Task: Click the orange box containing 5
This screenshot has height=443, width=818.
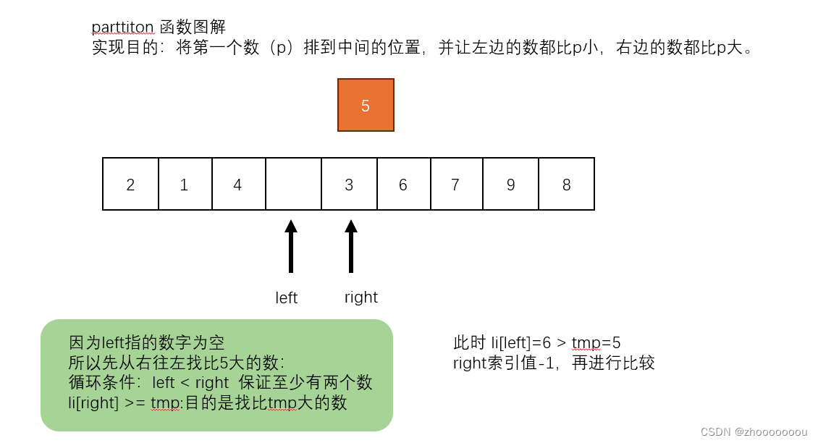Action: (x=366, y=105)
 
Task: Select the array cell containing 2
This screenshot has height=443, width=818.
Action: (x=130, y=185)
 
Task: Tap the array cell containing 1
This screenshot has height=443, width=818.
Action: (x=185, y=185)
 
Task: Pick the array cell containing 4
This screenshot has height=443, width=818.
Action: (x=238, y=185)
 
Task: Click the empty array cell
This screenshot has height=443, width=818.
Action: (x=293, y=185)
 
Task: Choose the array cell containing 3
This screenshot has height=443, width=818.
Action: (x=349, y=185)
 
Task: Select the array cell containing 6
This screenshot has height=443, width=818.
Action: (x=403, y=185)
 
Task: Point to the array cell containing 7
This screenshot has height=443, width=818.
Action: (x=456, y=185)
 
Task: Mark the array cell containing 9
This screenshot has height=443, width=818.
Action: (x=510, y=185)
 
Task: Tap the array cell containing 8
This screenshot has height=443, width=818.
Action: (x=567, y=185)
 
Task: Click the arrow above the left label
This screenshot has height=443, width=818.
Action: (x=291, y=246)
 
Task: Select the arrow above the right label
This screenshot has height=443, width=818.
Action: (x=351, y=246)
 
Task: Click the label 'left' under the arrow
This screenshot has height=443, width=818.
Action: (x=287, y=298)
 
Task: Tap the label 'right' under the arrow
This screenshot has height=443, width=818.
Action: (x=361, y=297)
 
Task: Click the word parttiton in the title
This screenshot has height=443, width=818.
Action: (x=122, y=28)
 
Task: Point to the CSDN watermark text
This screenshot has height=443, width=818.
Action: (x=753, y=431)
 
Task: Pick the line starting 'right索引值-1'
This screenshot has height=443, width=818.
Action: (x=554, y=363)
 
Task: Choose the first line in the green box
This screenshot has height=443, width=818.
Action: (x=151, y=342)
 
